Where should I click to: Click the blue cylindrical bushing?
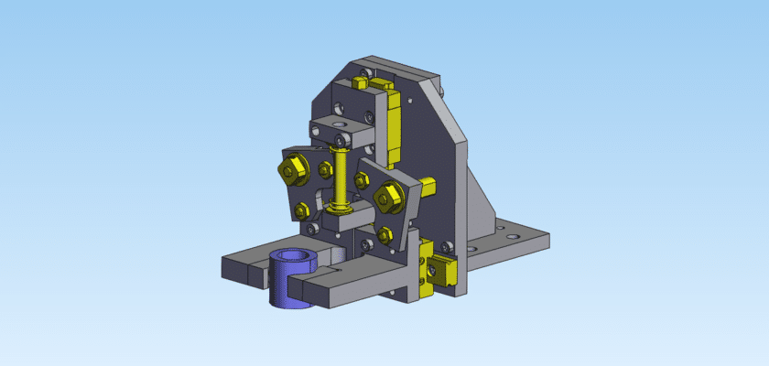point(286,288)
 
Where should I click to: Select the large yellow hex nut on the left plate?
point(293,170)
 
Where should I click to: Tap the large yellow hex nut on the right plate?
point(386,196)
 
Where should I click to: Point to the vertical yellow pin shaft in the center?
point(341,174)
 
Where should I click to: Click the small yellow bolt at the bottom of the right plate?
point(385,233)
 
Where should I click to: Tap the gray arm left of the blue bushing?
point(243,268)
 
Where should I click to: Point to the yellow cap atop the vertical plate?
point(377,83)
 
